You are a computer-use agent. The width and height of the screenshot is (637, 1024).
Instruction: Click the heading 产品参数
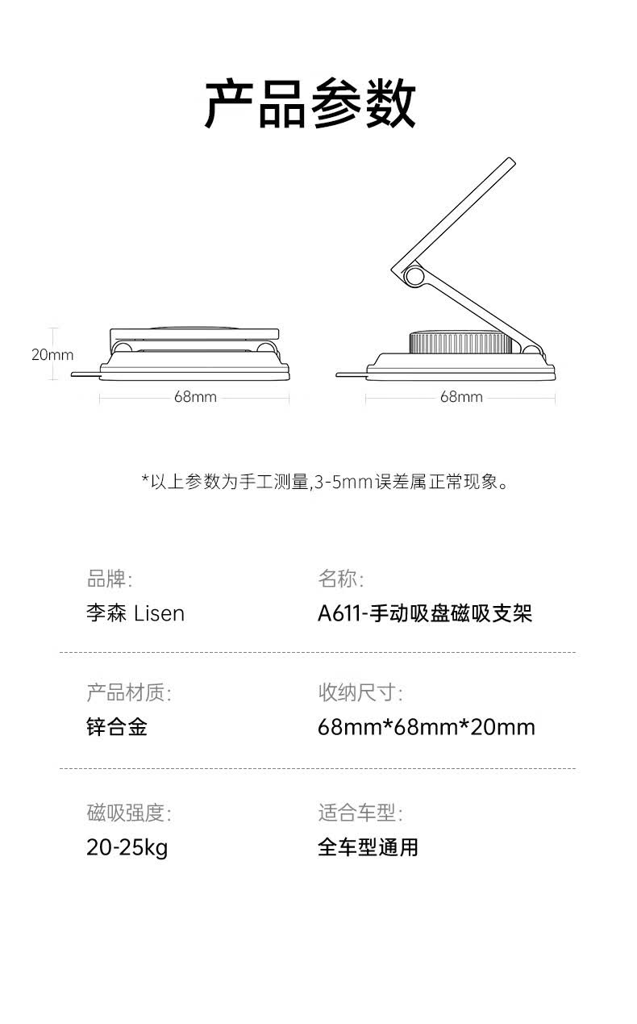310,104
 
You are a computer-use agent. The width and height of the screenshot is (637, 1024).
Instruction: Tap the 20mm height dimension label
52,354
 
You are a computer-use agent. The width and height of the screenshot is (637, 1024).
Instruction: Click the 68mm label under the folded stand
195,397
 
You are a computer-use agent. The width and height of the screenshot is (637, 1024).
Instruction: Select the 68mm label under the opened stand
461,397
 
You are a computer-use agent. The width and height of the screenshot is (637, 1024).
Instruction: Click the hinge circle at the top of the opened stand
415,277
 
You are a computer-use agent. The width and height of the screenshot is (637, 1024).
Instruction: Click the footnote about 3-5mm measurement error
326,483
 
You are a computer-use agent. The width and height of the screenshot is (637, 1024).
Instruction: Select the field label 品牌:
109,579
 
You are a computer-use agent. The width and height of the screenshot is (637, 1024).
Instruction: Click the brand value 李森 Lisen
135,613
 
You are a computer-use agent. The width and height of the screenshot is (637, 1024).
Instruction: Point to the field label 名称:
340,579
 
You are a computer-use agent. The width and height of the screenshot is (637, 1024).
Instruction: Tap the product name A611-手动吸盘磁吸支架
425,613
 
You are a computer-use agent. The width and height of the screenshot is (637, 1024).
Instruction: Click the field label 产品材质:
128,692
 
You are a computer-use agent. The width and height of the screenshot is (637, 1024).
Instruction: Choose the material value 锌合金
117,727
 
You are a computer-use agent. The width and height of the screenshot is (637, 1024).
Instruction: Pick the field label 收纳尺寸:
360,692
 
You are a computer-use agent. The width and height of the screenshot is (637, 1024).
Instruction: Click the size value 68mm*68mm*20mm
427,727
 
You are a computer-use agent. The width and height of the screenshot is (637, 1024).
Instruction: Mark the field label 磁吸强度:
128,813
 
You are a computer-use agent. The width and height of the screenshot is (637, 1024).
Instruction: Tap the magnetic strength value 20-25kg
127,847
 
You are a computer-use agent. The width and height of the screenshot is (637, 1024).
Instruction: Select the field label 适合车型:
360,813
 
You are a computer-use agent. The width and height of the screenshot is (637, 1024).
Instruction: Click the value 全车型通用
368,847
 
